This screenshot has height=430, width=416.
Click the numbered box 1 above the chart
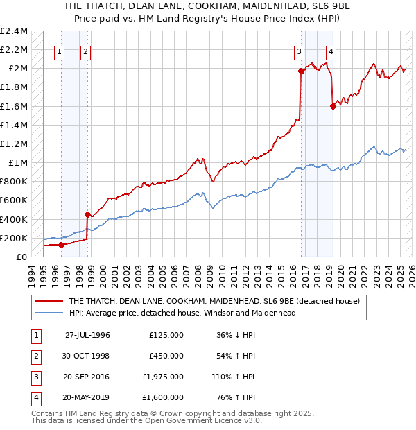click(59, 51)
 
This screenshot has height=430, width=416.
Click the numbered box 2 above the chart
click(85, 51)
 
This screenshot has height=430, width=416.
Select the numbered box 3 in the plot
click(299, 51)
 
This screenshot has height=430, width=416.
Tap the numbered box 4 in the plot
click(331, 51)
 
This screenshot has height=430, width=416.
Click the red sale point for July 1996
click(61, 244)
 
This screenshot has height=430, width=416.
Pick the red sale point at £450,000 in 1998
click(87, 214)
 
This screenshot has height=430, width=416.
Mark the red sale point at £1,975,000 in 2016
click(301, 70)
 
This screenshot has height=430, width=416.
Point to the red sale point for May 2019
click(333, 106)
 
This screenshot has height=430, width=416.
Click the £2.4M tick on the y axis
click(14, 31)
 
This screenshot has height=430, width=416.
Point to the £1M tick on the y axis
click(17, 162)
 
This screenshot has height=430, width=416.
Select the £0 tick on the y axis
click(22, 257)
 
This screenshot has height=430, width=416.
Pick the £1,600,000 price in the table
click(166, 397)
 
